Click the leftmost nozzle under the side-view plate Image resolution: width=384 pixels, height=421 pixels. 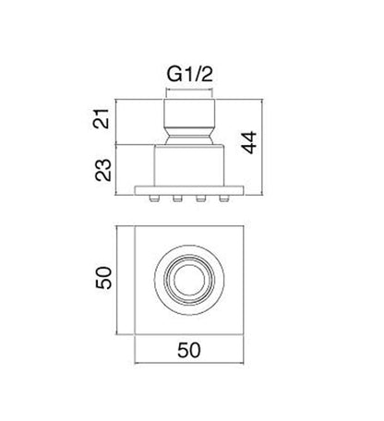[x=156, y=198]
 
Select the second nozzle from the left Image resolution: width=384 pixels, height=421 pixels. [x=179, y=198]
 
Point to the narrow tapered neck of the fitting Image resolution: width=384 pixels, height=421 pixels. [x=192, y=138]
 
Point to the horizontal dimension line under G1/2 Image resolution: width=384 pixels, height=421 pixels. [x=192, y=90]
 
